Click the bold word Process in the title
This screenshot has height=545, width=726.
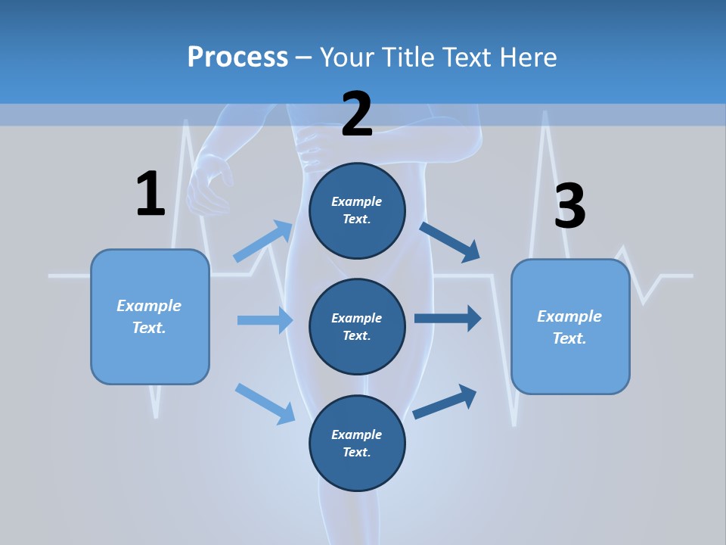(237, 57)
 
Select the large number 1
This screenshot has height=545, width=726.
(150, 194)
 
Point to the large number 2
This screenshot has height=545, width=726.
(357, 114)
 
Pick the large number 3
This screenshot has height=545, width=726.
(569, 206)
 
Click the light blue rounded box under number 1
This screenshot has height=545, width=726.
(150, 316)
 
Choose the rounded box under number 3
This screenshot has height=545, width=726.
(570, 326)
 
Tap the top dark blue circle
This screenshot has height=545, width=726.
(357, 210)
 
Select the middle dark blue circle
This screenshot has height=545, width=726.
(357, 326)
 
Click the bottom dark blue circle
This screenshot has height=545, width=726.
(357, 443)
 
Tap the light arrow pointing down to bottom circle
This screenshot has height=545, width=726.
(265, 403)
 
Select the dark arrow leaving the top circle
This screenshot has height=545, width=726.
(450, 241)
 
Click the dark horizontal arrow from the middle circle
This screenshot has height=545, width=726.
(448, 319)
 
